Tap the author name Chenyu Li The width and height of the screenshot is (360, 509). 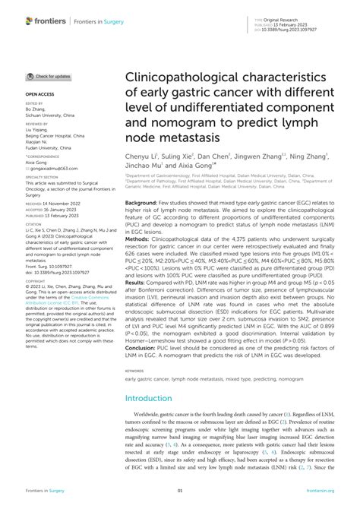141,156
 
